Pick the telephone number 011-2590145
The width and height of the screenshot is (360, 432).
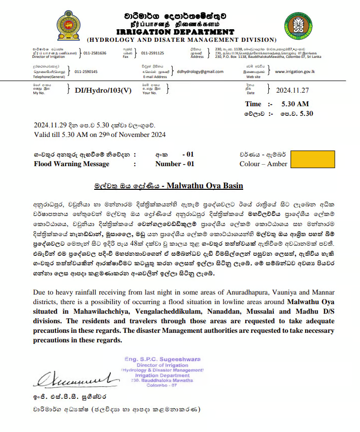click(x=86, y=71)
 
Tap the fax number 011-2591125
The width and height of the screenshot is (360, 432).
click(x=153, y=53)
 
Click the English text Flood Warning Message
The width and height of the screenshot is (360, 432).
click(x=71, y=164)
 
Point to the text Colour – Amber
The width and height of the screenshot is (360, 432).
click(x=263, y=164)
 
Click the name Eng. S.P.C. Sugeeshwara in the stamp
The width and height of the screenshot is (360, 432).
click(x=162, y=359)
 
